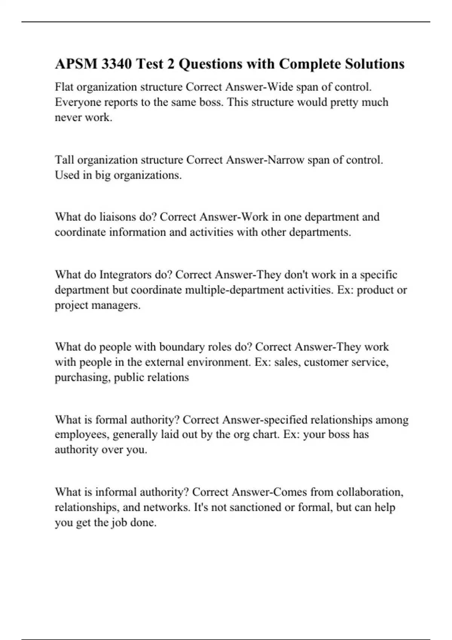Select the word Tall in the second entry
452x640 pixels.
point(64,160)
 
